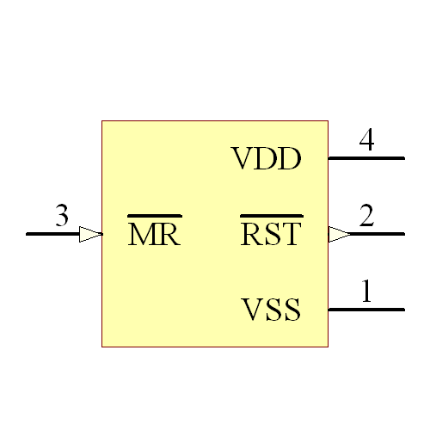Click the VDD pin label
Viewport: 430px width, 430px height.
click(266, 159)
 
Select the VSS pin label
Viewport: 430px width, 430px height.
click(271, 310)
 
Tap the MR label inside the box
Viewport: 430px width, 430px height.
click(154, 235)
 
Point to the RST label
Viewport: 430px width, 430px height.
click(271, 234)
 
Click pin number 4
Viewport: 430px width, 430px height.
click(366, 141)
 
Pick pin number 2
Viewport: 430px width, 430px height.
click(366, 217)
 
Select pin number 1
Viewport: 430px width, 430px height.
click(366, 292)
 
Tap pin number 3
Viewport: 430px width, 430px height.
click(62, 217)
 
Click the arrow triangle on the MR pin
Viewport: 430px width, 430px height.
click(90, 234)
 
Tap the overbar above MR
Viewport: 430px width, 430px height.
click(154, 215)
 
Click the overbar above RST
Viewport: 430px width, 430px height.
click(271, 215)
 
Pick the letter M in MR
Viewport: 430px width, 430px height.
click(141, 235)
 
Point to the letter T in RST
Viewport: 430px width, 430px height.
click(293, 234)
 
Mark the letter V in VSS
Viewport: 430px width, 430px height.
click(251, 310)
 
